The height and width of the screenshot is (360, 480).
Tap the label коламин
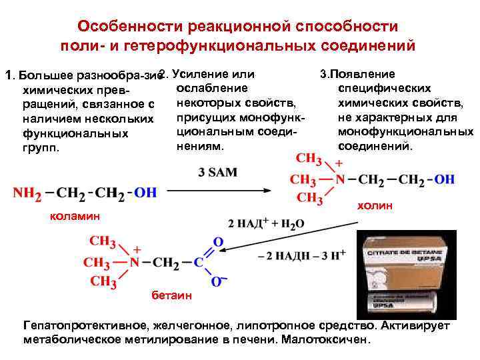tap(74, 217)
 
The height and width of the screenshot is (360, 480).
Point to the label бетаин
tap(161, 295)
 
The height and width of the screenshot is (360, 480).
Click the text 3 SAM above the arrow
tap(217, 172)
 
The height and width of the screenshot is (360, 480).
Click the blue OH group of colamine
tap(145, 193)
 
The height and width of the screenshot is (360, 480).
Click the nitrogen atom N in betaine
tap(135, 261)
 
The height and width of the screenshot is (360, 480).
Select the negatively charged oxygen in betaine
tap(217, 282)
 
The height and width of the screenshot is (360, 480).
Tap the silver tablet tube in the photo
tap(406, 294)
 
